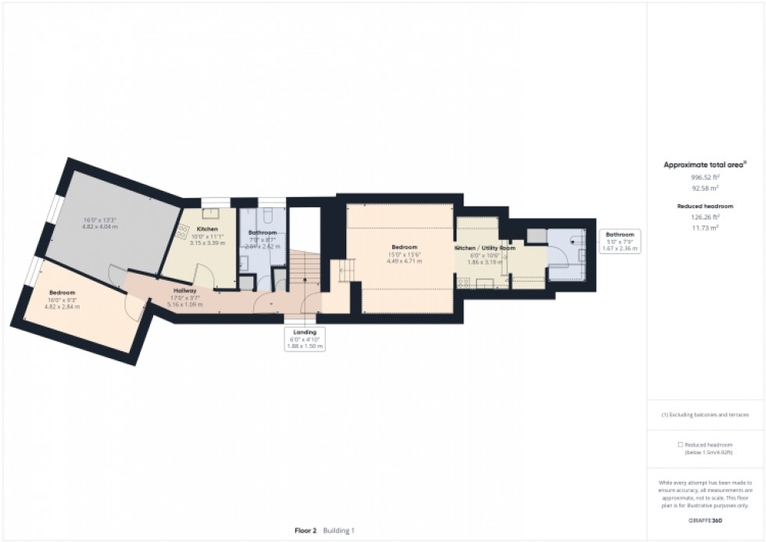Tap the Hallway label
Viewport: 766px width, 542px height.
coord(185,290)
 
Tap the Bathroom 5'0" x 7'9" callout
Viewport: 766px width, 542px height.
coord(621,241)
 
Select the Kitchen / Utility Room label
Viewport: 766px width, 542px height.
coord(485,248)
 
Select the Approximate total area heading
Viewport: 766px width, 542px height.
coord(704,164)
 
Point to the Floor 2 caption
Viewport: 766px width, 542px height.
coord(305,530)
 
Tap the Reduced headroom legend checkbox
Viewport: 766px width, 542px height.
coord(680,444)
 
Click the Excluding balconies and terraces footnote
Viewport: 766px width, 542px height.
coord(705,415)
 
